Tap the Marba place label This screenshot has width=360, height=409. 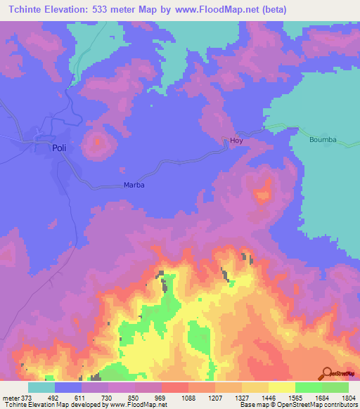[134, 185]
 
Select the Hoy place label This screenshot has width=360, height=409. [237, 141]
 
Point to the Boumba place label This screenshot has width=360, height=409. [323, 140]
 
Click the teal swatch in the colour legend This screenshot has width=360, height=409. [41, 387]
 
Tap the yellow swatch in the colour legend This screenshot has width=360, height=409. [281, 387]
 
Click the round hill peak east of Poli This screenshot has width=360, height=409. [97, 143]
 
